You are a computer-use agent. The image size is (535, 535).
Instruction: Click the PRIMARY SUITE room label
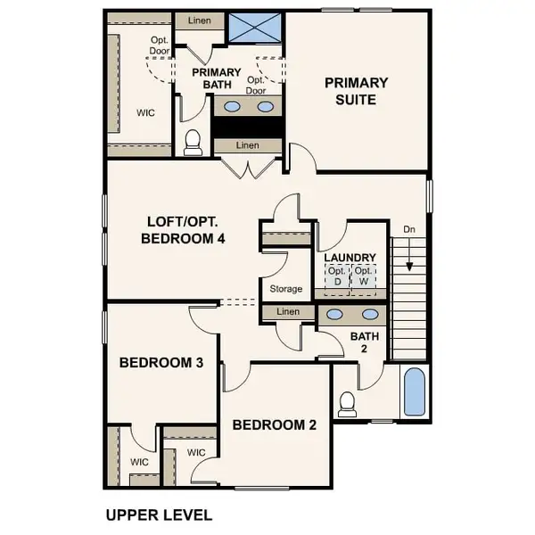point(356,91)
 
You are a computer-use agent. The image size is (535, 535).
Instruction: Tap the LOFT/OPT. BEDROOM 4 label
point(185,230)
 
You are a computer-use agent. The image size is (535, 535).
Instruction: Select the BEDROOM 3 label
point(161,363)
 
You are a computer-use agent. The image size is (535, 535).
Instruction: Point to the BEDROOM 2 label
point(274,425)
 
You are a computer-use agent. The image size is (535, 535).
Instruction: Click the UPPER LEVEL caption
point(159,514)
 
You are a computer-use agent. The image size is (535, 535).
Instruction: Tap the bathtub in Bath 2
point(415,392)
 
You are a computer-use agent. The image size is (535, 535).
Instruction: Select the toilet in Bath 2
point(347,403)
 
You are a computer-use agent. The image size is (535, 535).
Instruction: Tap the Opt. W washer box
point(363,277)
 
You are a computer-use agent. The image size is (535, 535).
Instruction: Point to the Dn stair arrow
point(408,258)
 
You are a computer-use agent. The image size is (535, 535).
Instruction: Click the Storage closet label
point(285,289)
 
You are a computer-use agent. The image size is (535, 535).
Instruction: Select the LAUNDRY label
point(350,258)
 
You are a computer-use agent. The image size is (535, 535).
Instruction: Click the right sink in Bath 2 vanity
point(368,315)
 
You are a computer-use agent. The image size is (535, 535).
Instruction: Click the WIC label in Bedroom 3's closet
point(139,462)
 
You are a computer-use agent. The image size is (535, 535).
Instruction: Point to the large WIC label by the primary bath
point(146,114)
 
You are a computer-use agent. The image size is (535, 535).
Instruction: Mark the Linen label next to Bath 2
point(287,312)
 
